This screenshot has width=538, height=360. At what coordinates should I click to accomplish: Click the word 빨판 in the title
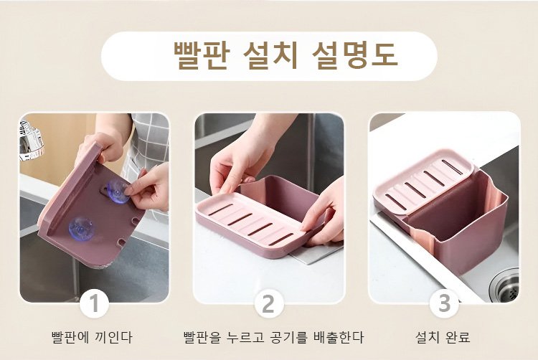coord(200,55)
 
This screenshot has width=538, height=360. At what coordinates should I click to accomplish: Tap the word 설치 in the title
coord(270,55)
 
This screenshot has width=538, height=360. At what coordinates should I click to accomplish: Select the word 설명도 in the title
coord(355,55)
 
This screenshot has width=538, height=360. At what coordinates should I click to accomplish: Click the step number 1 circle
coord(95,303)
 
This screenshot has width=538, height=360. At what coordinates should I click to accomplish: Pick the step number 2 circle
coord(269,303)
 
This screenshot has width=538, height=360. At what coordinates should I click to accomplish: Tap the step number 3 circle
coord(444,303)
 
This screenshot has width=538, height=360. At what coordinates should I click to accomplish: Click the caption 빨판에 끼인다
coord(92,337)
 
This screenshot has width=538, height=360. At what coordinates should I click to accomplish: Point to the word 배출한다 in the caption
coord(339,337)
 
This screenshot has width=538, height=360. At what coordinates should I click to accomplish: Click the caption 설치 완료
coord(443,337)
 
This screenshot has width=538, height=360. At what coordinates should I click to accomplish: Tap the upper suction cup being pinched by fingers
coord(118,191)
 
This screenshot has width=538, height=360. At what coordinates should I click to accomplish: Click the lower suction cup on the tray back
coord(81,228)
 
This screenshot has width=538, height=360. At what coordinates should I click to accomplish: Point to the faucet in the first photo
coord(32,141)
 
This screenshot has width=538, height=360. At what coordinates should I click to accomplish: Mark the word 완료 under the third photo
coord(457,337)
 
